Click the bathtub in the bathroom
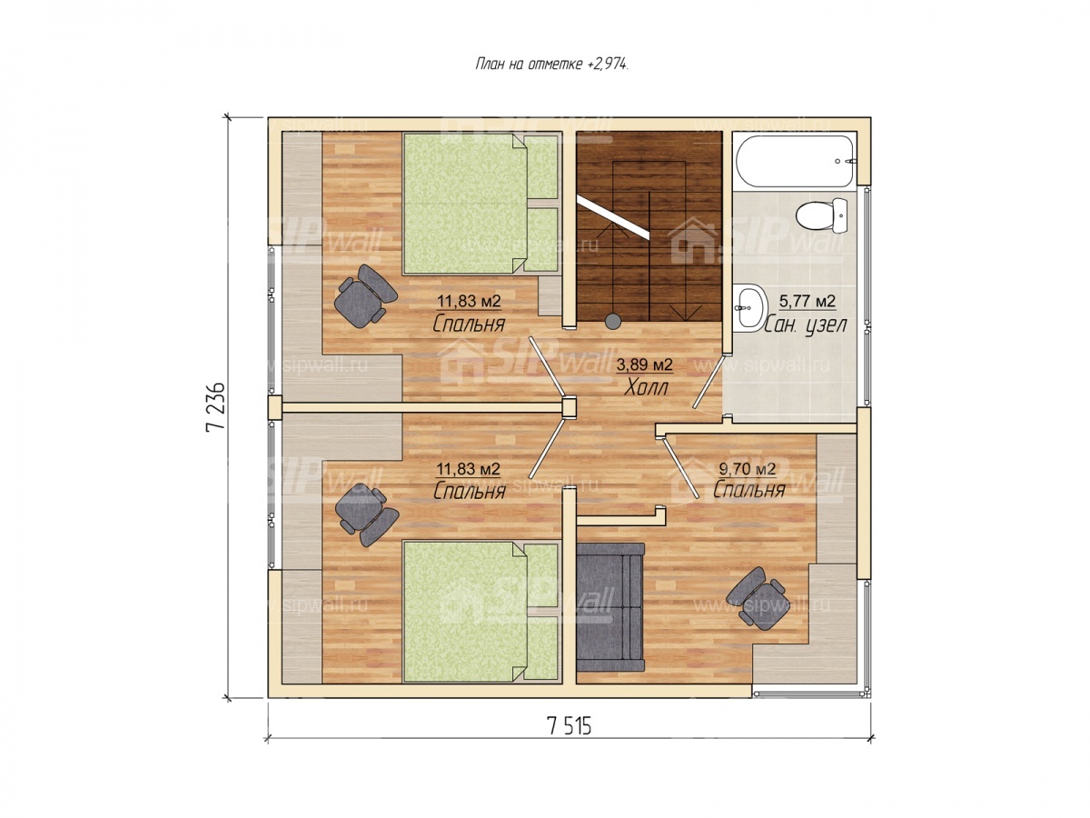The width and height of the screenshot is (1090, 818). pyautogui.click(x=794, y=161)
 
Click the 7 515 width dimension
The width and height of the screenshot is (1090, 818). pyautogui.click(x=570, y=726)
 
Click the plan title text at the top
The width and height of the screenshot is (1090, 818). pyautogui.click(x=551, y=64)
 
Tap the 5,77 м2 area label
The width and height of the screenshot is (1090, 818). pyautogui.click(x=808, y=301)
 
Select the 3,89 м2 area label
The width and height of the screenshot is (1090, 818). pyautogui.click(x=645, y=365)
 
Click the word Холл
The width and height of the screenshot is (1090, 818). pyautogui.click(x=646, y=388)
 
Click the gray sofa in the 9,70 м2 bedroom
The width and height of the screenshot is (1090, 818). pyautogui.click(x=610, y=606)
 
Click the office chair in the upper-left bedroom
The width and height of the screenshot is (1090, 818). pyautogui.click(x=365, y=296)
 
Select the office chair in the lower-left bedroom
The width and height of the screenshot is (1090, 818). pyautogui.click(x=366, y=514)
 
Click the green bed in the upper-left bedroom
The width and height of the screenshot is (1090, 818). pyautogui.click(x=481, y=203)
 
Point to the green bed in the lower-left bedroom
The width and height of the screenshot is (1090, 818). pyautogui.click(x=481, y=612)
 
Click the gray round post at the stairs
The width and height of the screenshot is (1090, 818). pyautogui.click(x=613, y=322)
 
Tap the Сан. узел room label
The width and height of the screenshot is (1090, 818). pyautogui.click(x=806, y=324)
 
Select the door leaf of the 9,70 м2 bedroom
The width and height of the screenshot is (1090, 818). pyautogui.click(x=680, y=468)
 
